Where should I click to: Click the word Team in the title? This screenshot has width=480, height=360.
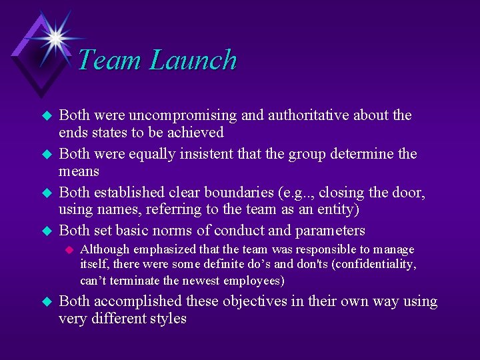click(x=110, y=60)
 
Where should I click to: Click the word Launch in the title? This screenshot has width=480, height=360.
click(x=193, y=60)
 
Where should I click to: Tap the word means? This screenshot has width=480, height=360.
click(x=79, y=171)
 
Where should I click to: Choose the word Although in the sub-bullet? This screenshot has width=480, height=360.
click(x=103, y=250)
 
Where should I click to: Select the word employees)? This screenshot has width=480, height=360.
click(x=253, y=280)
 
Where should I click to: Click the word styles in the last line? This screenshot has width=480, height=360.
click(x=167, y=319)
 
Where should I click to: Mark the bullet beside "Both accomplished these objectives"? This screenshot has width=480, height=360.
click(x=47, y=302)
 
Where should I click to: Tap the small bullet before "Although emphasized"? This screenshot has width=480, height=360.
click(x=67, y=250)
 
